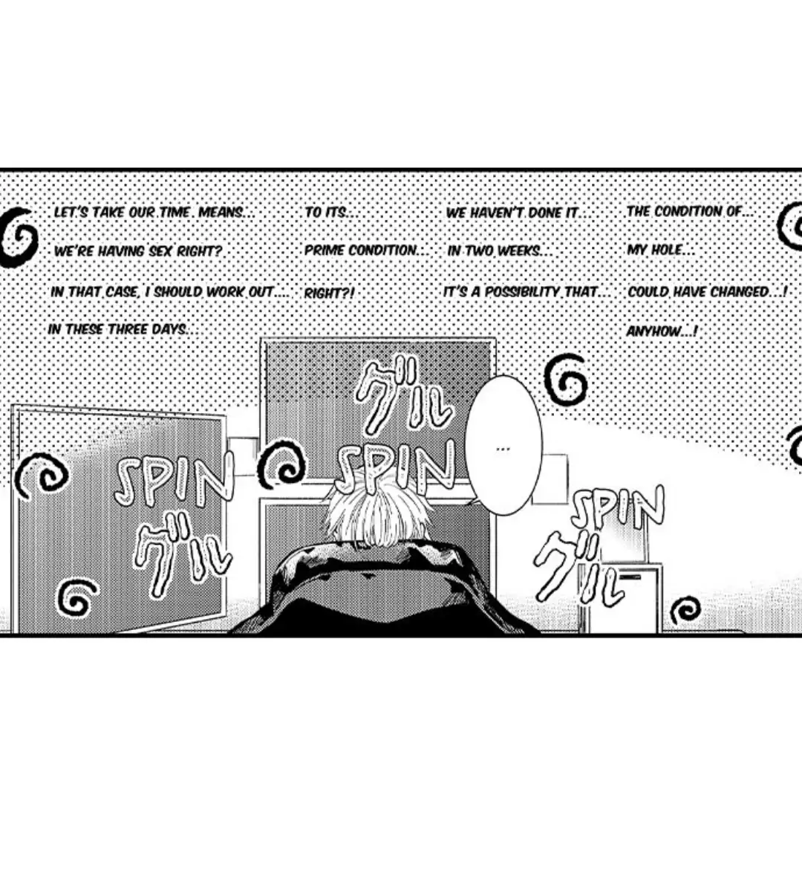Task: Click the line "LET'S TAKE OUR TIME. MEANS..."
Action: (x=154, y=213)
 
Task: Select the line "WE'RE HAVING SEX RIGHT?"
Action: (x=138, y=251)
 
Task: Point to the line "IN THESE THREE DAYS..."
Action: (x=123, y=329)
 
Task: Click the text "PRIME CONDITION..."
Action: (x=367, y=250)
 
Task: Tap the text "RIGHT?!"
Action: (x=329, y=293)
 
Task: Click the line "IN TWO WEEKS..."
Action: (x=499, y=251)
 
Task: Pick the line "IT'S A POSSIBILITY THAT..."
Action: (x=526, y=292)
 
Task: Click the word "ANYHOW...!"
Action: (x=662, y=331)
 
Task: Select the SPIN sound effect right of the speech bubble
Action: (x=617, y=510)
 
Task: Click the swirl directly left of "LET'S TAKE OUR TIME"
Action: (x=19, y=236)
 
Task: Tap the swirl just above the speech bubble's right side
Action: (x=566, y=380)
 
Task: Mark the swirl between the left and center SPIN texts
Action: (x=282, y=464)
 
